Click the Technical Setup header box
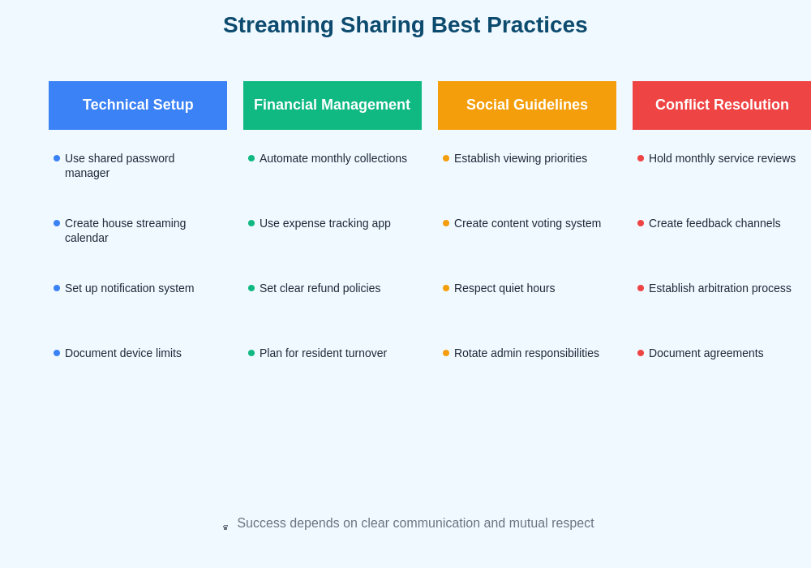tap(138, 105)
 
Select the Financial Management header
tap(333, 105)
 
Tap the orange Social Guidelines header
tap(527, 105)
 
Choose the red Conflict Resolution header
tap(722, 105)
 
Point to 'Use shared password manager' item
tap(119, 166)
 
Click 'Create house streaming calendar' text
tap(125, 230)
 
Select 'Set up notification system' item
tap(129, 288)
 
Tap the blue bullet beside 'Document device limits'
tap(57, 353)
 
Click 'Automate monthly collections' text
tap(333, 158)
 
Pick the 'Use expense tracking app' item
tap(324, 223)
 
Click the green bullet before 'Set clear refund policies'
tap(251, 288)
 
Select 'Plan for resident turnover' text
tap(323, 353)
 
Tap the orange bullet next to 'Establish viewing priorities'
tap(446, 158)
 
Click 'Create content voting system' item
tap(527, 223)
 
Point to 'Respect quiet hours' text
tap(504, 288)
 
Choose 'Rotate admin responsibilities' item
tap(526, 353)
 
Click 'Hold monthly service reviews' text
tap(722, 158)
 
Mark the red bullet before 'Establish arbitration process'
tap(641, 288)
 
